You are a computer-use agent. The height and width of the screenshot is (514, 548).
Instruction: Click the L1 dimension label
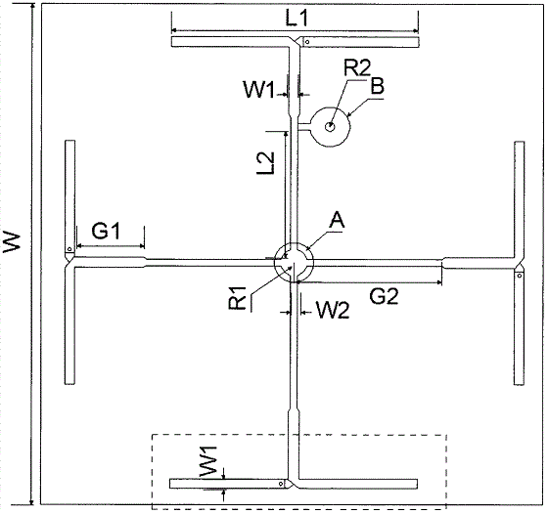(297, 18)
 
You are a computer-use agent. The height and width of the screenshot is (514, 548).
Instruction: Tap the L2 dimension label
(266, 163)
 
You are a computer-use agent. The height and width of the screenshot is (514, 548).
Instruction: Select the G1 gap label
(106, 231)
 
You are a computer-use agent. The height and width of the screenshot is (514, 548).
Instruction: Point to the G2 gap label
(384, 296)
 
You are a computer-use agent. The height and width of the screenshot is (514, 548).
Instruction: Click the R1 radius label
(238, 298)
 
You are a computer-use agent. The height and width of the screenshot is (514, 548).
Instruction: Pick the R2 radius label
(357, 67)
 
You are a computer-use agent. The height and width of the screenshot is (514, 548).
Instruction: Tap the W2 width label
(333, 310)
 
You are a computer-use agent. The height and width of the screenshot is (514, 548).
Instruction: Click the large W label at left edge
(12, 241)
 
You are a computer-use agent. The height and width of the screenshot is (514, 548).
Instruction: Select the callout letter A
(337, 220)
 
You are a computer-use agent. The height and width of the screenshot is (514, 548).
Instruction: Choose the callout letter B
(377, 86)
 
